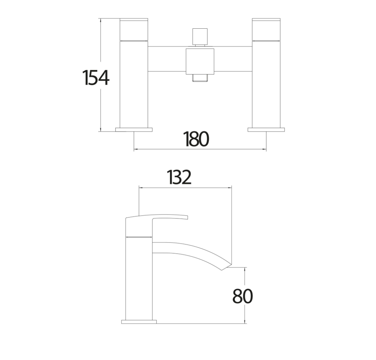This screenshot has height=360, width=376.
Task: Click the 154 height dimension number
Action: tap(96, 78)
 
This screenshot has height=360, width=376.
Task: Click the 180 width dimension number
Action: tap(196, 139)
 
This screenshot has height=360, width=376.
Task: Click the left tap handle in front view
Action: tap(134, 29)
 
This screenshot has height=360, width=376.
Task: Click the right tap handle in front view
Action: tap(266, 29)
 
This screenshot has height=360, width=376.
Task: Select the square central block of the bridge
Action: tap(200, 61)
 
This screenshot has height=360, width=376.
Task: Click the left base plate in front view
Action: tap(134, 129)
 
